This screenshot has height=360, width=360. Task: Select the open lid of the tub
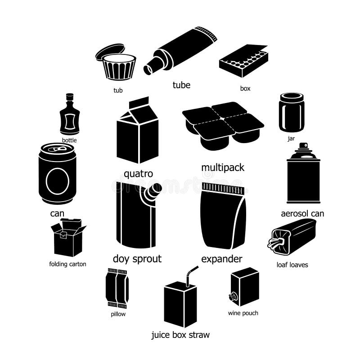[109, 52]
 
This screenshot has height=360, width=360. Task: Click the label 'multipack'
[223, 167]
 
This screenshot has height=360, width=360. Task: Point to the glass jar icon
[291, 112]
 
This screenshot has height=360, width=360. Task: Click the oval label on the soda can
[57, 181]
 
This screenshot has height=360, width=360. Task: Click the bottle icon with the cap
[70, 115]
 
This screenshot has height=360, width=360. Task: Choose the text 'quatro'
[138, 174]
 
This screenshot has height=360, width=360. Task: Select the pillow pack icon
[117, 288]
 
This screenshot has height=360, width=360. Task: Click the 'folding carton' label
[67, 264]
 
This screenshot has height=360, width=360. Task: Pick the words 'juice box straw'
[180, 335]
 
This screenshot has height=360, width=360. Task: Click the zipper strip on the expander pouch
[223, 187]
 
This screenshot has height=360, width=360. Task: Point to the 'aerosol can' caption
[302, 213]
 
